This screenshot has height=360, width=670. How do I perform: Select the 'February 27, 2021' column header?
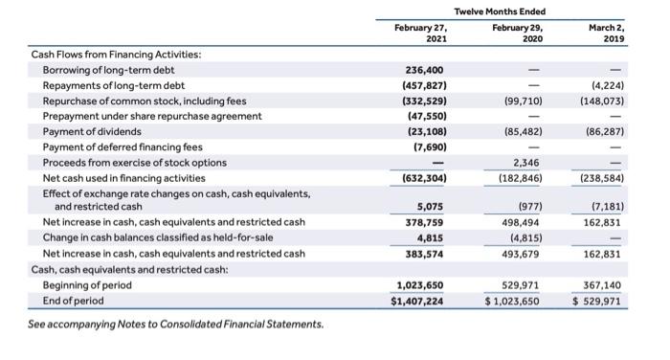[x=421, y=34]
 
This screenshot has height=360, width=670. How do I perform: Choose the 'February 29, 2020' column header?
[x=516, y=34]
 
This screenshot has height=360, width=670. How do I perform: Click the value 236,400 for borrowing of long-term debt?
[x=423, y=70]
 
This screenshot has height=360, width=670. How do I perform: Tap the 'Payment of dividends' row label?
[x=93, y=131]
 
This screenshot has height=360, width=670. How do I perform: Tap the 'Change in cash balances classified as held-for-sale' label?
[x=153, y=238]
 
